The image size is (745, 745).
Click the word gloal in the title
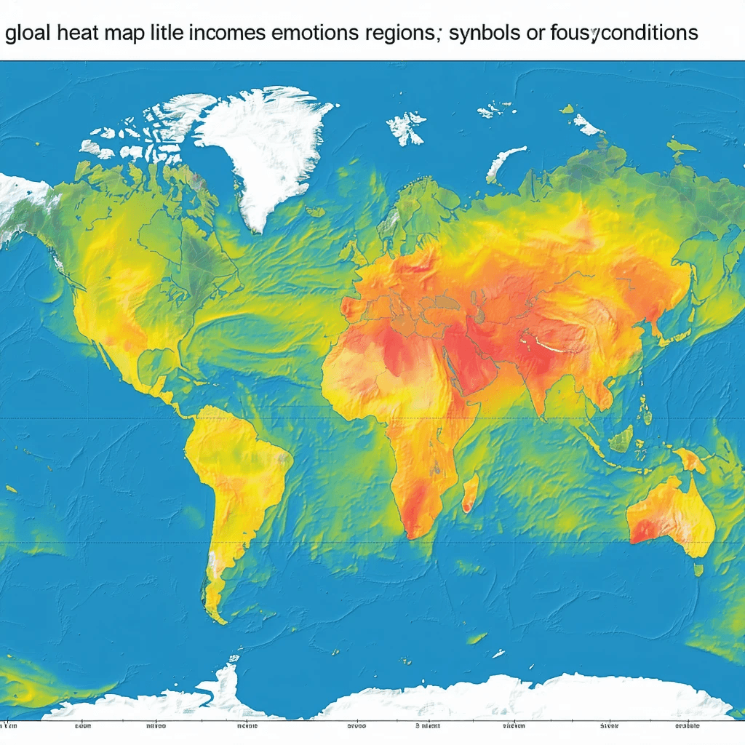[x=27, y=33]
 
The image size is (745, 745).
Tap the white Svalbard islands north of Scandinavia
[x=405, y=127]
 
